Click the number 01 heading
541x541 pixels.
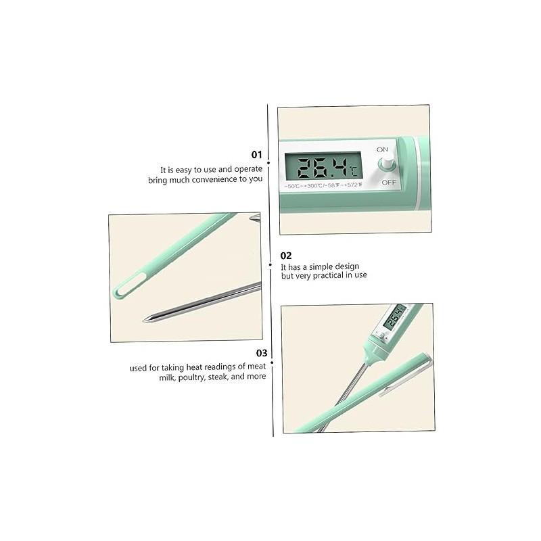(x=257, y=155)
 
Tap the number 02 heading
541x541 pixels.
(x=286, y=256)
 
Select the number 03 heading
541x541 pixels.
(x=262, y=353)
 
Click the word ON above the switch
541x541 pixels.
(x=382, y=149)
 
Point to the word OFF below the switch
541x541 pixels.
(x=389, y=182)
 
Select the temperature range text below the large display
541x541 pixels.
(x=323, y=185)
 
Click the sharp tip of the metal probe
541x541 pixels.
(x=144, y=320)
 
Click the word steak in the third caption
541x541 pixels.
(x=218, y=377)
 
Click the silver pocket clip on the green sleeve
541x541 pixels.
(x=405, y=377)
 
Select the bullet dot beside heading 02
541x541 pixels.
(x=270, y=264)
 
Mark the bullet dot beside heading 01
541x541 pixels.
(x=268, y=162)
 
